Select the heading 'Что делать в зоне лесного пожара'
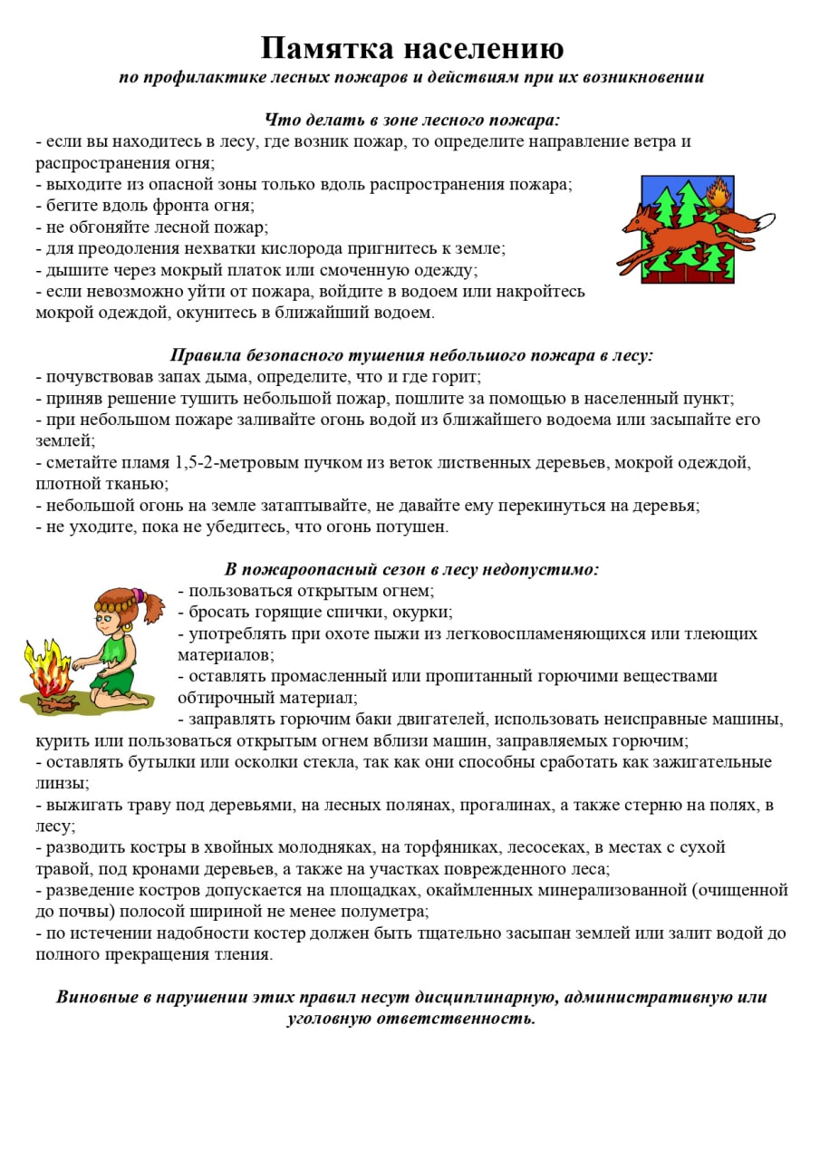tap(412, 120)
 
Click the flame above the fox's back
tap(719, 195)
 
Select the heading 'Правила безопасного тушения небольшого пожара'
tap(411, 355)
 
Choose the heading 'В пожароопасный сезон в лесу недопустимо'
tap(411, 570)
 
